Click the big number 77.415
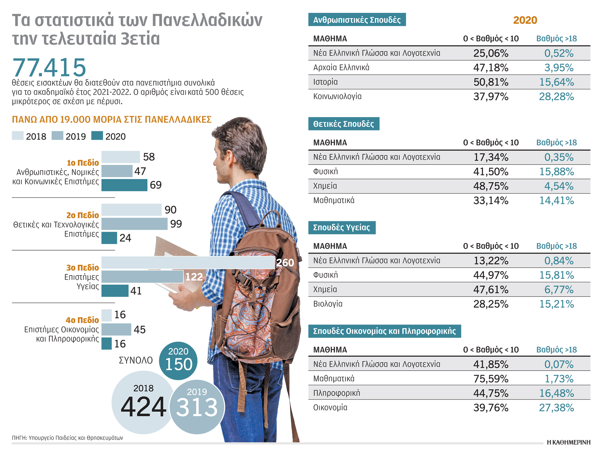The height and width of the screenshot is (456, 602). click(x=49, y=67)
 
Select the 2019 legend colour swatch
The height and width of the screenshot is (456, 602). click(x=57, y=136)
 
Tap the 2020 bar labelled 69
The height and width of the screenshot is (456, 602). click(x=124, y=185)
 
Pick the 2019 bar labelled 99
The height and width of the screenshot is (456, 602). click(x=134, y=224)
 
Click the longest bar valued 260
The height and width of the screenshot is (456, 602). click(x=188, y=262)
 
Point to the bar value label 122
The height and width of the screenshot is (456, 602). click(x=194, y=277)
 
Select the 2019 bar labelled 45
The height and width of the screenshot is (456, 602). click(x=116, y=329)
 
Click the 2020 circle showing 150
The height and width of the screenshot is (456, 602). click(x=178, y=361)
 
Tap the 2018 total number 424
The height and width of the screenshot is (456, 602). click(x=143, y=407)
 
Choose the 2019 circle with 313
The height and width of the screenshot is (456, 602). click(x=197, y=407)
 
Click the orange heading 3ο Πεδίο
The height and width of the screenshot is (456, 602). click(x=83, y=268)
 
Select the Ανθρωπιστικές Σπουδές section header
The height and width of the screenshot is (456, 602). click(x=357, y=20)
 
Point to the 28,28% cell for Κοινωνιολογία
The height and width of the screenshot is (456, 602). click(x=556, y=96)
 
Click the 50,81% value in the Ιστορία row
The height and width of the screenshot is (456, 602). click(x=491, y=82)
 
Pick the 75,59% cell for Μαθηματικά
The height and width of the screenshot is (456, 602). click(x=491, y=379)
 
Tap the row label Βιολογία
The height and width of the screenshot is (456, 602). click(x=328, y=304)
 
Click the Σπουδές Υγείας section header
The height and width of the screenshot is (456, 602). click(x=342, y=228)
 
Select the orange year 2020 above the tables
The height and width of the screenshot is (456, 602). click(x=525, y=20)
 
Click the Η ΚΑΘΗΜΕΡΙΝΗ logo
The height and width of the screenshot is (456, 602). click(x=568, y=442)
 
